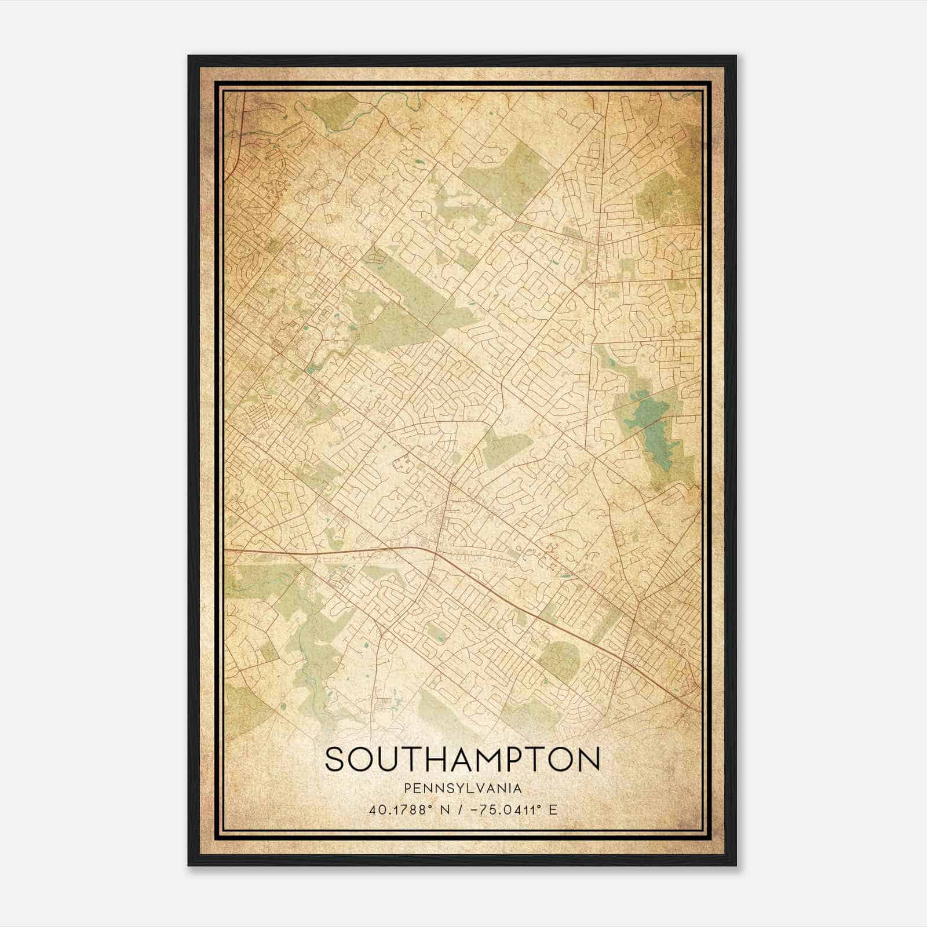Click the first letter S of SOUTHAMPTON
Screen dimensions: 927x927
(x=335, y=760)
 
